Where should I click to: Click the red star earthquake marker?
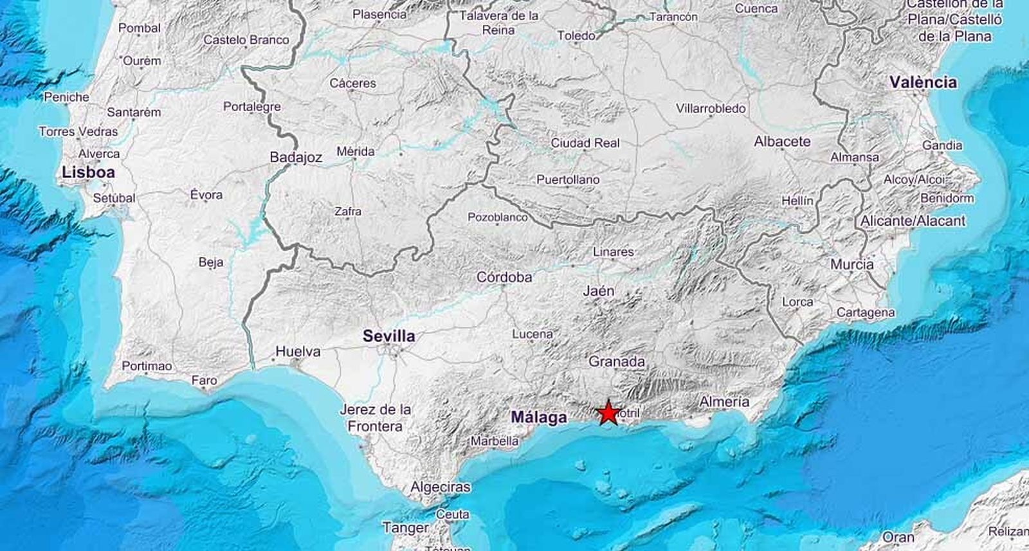608,413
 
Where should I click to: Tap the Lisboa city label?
89,172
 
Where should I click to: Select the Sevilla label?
388,336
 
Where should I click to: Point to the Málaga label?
539,417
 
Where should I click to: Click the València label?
923,82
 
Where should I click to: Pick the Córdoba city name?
504,277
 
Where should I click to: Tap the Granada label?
616,362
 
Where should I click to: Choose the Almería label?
724,402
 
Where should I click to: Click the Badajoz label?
296,158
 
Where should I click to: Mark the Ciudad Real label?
585,143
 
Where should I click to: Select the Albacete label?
782,141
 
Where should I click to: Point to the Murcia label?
851,264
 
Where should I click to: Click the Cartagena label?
866,312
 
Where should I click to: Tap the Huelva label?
298,352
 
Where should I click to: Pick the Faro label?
205,381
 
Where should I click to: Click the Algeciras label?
441,487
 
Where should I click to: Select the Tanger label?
405,528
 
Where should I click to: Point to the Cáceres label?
352,83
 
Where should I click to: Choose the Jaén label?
598,291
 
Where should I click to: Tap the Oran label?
898,537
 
